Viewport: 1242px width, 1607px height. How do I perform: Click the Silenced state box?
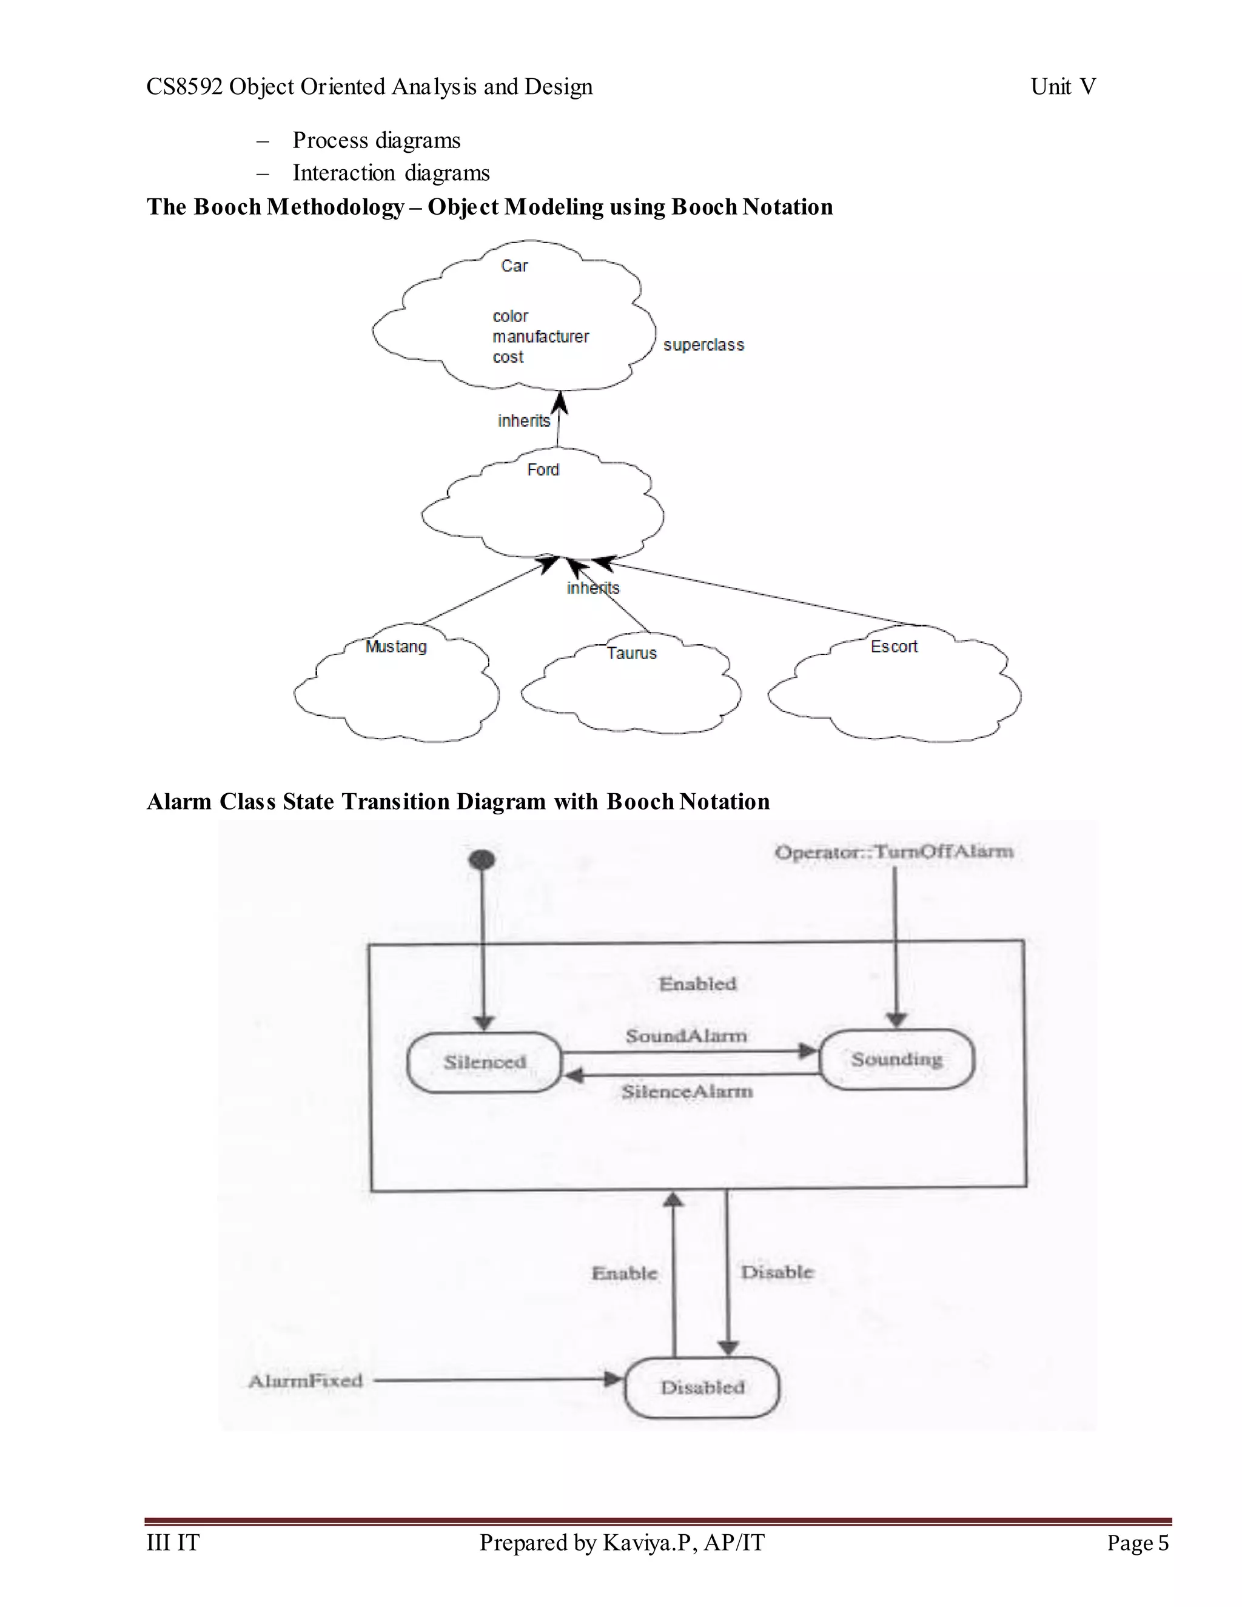click(x=484, y=1062)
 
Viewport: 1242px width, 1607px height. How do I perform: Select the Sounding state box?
click(x=896, y=1059)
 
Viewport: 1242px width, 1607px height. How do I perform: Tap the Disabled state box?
click(x=702, y=1387)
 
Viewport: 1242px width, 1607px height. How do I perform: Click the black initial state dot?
click(x=482, y=859)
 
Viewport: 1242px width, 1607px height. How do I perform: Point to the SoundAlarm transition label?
click(x=686, y=1036)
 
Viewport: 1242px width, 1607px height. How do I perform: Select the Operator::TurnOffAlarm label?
click(x=894, y=852)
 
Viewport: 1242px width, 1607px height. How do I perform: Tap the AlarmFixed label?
click(x=306, y=1381)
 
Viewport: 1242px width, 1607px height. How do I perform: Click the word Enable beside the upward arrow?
click(x=624, y=1273)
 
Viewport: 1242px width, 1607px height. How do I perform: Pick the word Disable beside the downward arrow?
click(x=777, y=1272)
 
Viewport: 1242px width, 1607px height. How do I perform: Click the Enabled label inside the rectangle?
click(x=697, y=984)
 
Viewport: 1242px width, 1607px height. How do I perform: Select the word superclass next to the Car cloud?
click(x=703, y=345)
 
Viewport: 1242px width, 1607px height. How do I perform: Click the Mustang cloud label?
click(x=396, y=647)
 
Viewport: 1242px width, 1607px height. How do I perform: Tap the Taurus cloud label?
click(x=631, y=653)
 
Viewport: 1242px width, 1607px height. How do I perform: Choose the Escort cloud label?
click(x=894, y=647)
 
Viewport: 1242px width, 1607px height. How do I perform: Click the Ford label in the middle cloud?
click(x=543, y=469)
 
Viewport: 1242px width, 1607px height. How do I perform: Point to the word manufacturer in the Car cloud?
click(x=541, y=337)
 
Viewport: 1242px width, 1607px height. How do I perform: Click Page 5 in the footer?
click(x=1138, y=1542)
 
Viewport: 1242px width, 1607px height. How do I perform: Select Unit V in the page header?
click(x=1062, y=87)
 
